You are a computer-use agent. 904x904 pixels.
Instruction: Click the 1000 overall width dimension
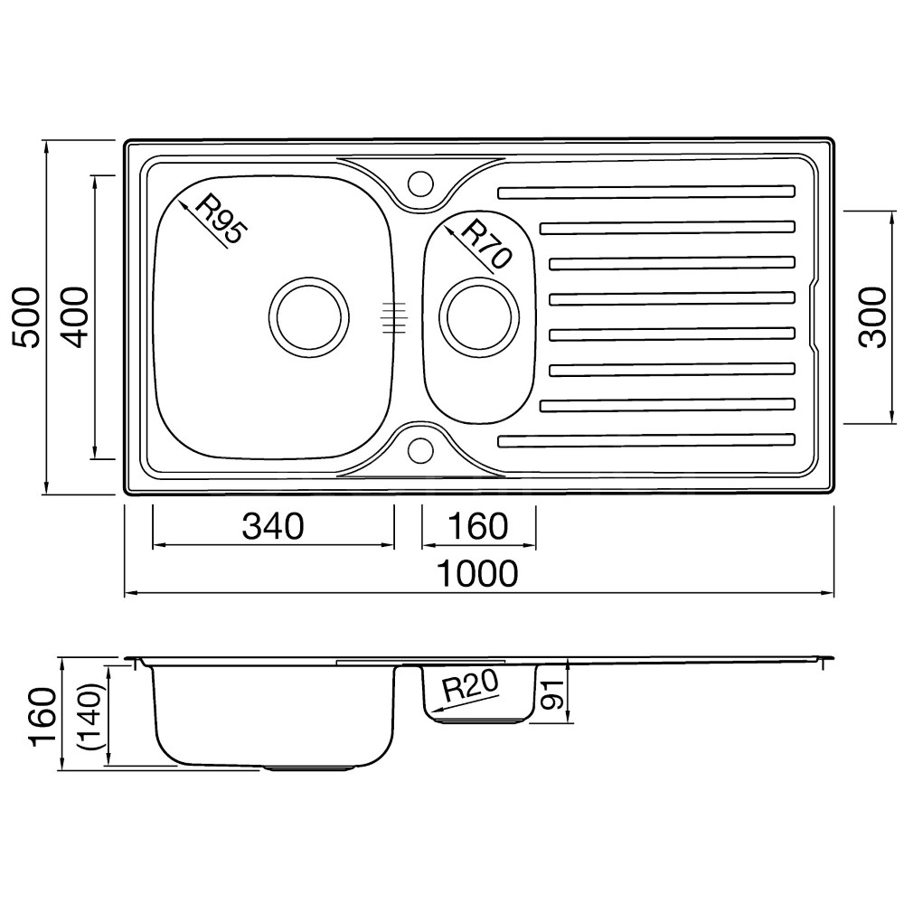(x=478, y=573)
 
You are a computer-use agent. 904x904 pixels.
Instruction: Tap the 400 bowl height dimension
(x=76, y=317)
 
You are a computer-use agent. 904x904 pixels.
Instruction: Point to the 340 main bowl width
(x=273, y=526)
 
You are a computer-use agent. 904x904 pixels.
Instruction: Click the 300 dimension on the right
(x=871, y=317)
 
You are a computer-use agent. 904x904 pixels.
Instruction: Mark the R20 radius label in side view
(x=470, y=688)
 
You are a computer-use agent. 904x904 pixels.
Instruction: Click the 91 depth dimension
(x=551, y=693)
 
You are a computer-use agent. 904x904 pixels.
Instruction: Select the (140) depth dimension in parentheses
(x=92, y=716)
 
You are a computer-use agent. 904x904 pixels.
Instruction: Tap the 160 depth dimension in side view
(x=43, y=717)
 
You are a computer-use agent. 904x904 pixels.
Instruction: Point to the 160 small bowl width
(x=478, y=526)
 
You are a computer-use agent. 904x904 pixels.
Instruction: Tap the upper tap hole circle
(x=420, y=182)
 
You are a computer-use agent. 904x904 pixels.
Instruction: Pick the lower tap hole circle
(x=420, y=448)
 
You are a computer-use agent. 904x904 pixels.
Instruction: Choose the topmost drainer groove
(x=646, y=192)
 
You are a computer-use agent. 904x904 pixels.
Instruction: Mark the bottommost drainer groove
(x=646, y=441)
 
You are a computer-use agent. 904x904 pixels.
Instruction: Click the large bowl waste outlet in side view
(x=309, y=768)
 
